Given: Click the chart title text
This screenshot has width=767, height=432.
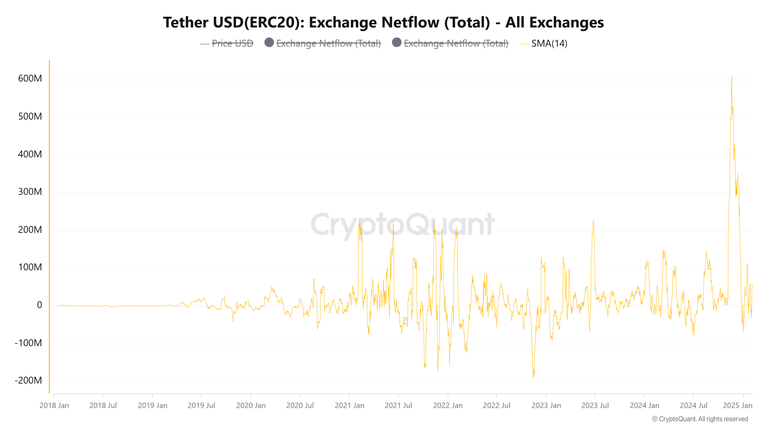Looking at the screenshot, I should (383, 22).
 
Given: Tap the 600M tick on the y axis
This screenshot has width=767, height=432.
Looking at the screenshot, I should (30, 79).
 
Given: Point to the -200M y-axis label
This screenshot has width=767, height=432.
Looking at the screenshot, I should (28, 380).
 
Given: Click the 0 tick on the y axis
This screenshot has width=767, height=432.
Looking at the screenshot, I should (39, 305).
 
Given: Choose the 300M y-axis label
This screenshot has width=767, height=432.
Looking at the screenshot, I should (30, 192).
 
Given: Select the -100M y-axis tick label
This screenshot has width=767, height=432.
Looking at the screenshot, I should (28, 343).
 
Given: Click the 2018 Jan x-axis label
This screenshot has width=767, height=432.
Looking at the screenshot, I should (54, 406).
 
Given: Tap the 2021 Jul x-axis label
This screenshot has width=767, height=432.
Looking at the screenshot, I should (398, 406).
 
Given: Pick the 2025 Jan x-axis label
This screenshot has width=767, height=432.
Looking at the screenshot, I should (737, 406).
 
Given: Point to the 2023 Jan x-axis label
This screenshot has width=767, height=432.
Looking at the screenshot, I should (546, 406).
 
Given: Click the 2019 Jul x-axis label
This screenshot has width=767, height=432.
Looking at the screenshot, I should (201, 406).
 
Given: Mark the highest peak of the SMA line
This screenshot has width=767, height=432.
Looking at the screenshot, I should (732, 76).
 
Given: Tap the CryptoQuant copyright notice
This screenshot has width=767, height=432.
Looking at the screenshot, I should (700, 419).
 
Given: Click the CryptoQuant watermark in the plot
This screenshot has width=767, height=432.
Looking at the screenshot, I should (403, 224).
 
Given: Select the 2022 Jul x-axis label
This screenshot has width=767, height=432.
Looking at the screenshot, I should (496, 406).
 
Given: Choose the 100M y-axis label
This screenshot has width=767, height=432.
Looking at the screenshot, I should (30, 267).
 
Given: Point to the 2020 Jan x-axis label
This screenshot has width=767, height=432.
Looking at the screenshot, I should (251, 406).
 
